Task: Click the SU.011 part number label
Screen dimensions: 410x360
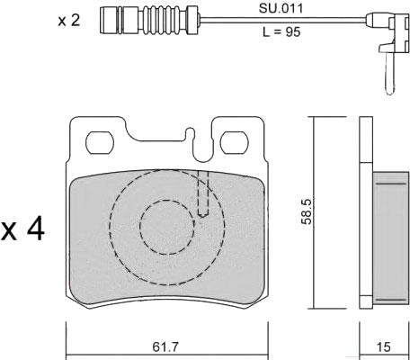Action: click(281, 9)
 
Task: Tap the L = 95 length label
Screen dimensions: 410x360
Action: click(281, 31)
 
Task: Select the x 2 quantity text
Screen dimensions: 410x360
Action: click(69, 21)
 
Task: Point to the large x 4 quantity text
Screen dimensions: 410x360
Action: click(22, 230)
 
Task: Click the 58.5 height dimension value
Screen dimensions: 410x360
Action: click(307, 211)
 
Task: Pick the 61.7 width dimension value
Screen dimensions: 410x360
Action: click(165, 347)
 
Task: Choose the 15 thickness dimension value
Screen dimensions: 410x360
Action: click(383, 347)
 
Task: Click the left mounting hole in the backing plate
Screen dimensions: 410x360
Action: click(100, 142)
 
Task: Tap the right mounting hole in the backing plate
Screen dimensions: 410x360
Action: click(235, 142)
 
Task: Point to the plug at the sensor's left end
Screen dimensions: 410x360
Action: click(111, 20)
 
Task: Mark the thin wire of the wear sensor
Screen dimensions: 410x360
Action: click(283, 20)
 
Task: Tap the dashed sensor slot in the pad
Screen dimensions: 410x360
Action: click(203, 193)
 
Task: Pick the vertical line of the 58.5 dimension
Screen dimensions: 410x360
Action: click(314, 212)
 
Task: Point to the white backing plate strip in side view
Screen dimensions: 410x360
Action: click(366, 212)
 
